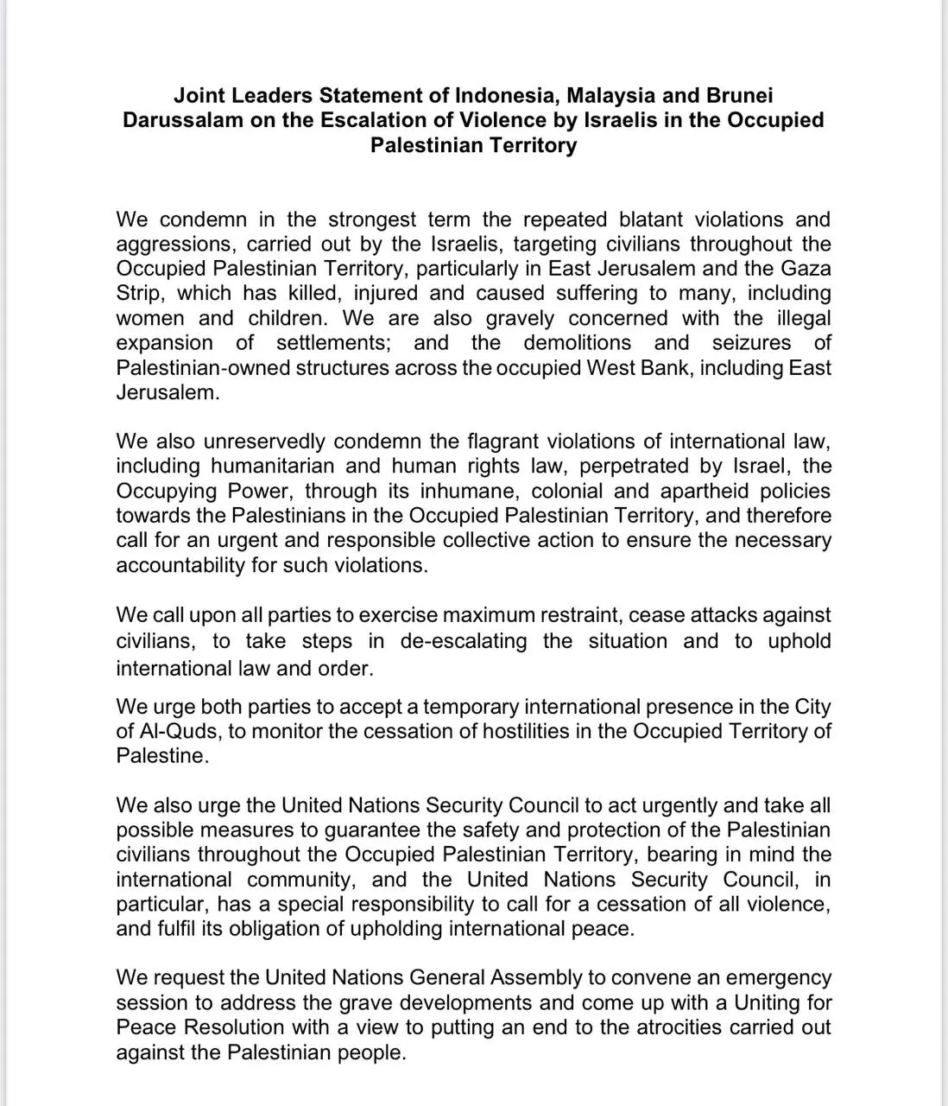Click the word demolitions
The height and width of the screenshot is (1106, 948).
(577, 343)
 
